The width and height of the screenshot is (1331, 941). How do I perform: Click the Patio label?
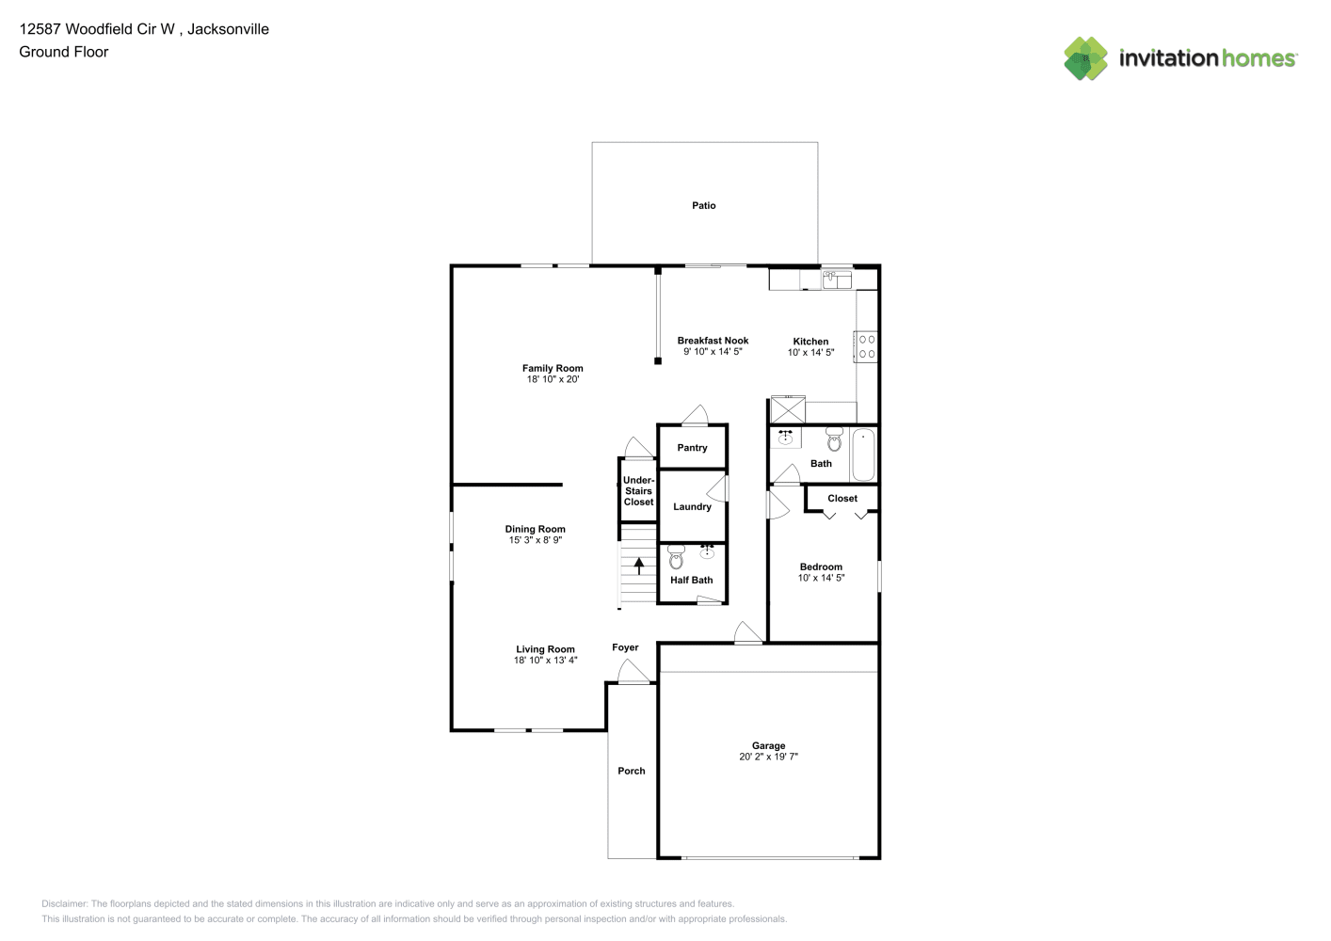click(x=703, y=205)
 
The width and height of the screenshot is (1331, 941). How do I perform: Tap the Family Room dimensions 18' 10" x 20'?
click(x=553, y=379)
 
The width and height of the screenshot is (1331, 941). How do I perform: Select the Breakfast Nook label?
click(x=713, y=341)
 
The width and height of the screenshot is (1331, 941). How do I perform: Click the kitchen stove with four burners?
click(x=866, y=346)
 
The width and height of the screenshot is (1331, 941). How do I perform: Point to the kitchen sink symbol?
click(x=837, y=279)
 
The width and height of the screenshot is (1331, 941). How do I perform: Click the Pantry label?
click(x=692, y=447)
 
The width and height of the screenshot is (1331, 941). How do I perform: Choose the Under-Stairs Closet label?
click(x=639, y=490)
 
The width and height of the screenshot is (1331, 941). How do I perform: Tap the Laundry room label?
click(x=692, y=507)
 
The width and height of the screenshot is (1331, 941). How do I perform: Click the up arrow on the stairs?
click(x=639, y=566)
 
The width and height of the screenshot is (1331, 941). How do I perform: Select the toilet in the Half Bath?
click(x=676, y=557)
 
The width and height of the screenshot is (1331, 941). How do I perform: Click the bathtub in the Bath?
click(x=863, y=455)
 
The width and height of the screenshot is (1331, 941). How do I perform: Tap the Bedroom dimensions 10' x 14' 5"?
click(x=821, y=578)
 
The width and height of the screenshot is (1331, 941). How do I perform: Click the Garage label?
click(x=768, y=745)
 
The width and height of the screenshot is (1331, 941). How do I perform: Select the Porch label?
click(x=631, y=771)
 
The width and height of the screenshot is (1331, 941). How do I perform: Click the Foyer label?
click(x=625, y=647)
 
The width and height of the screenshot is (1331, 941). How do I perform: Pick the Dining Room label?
click(x=535, y=529)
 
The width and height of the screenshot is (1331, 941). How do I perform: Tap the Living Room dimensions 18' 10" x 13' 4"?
click(x=545, y=660)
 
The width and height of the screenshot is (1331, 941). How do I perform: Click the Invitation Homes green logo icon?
click(x=1085, y=58)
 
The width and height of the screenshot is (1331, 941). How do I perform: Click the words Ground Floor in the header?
click(x=64, y=52)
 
